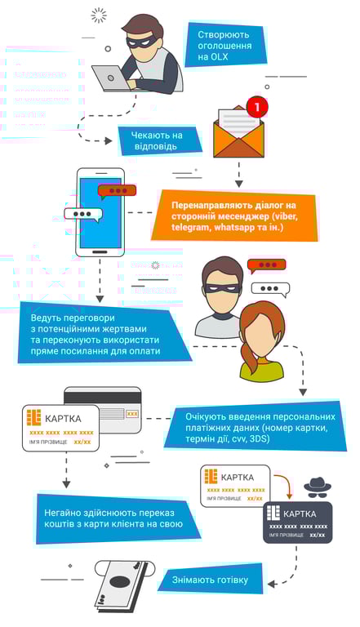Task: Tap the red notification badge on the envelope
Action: tap(257, 107)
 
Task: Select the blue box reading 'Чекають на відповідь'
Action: tap(160, 140)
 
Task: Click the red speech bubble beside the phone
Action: tap(117, 191)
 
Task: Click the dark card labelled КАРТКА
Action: tap(297, 522)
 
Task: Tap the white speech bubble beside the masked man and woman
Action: tap(269, 288)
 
